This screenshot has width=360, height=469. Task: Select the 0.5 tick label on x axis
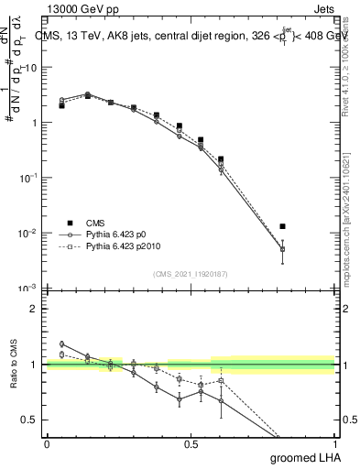coord(191,444)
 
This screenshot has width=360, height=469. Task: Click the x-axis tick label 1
coord(334,444)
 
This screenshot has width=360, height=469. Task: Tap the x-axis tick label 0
coord(47,444)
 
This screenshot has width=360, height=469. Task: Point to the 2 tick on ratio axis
coord(34,309)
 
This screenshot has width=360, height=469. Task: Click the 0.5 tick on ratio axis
coord(30,420)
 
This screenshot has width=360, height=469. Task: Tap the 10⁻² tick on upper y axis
coord(28,233)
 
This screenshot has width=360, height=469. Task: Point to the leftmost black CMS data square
coord(61,105)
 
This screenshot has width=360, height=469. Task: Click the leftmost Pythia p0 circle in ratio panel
coord(61,344)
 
